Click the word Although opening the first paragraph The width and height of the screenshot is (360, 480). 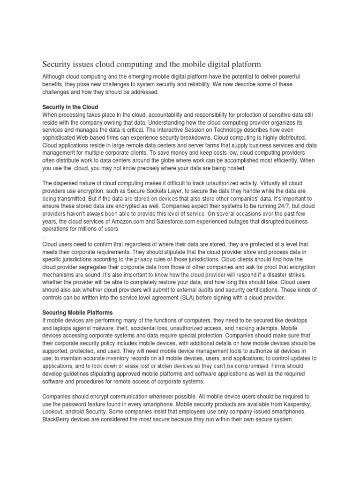(x=55, y=76)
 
